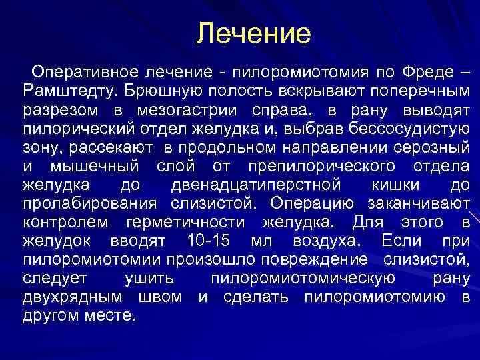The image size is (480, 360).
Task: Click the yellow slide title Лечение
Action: tap(254, 33)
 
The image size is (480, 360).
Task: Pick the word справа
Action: tap(283, 108)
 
